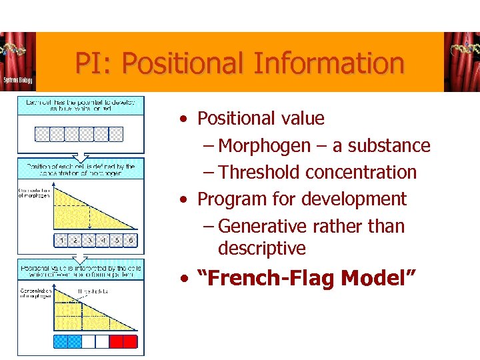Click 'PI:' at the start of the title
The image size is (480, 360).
tap(94, 64)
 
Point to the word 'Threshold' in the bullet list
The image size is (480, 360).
tap(259, 172)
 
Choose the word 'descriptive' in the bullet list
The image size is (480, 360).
tap(261, 248)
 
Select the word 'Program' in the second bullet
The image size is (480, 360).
tap(229, 199)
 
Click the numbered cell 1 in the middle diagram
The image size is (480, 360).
tap(61, 240)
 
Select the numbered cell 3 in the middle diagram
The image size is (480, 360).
tap(89, 240)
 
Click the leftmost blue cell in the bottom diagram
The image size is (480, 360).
tap(61, 342)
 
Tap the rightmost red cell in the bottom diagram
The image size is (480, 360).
tap(130, 342)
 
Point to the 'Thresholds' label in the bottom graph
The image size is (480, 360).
tap(92, 291)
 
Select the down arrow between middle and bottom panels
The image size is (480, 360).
tap(79, 255)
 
